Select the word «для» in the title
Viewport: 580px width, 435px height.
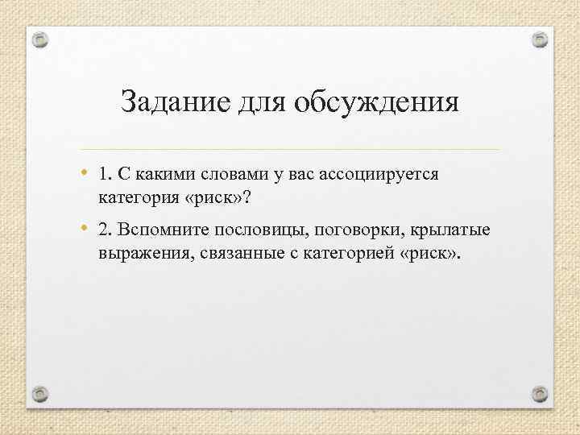[260, 103]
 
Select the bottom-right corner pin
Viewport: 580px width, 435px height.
[540, 393]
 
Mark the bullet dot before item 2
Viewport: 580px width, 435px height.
[85, 231]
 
